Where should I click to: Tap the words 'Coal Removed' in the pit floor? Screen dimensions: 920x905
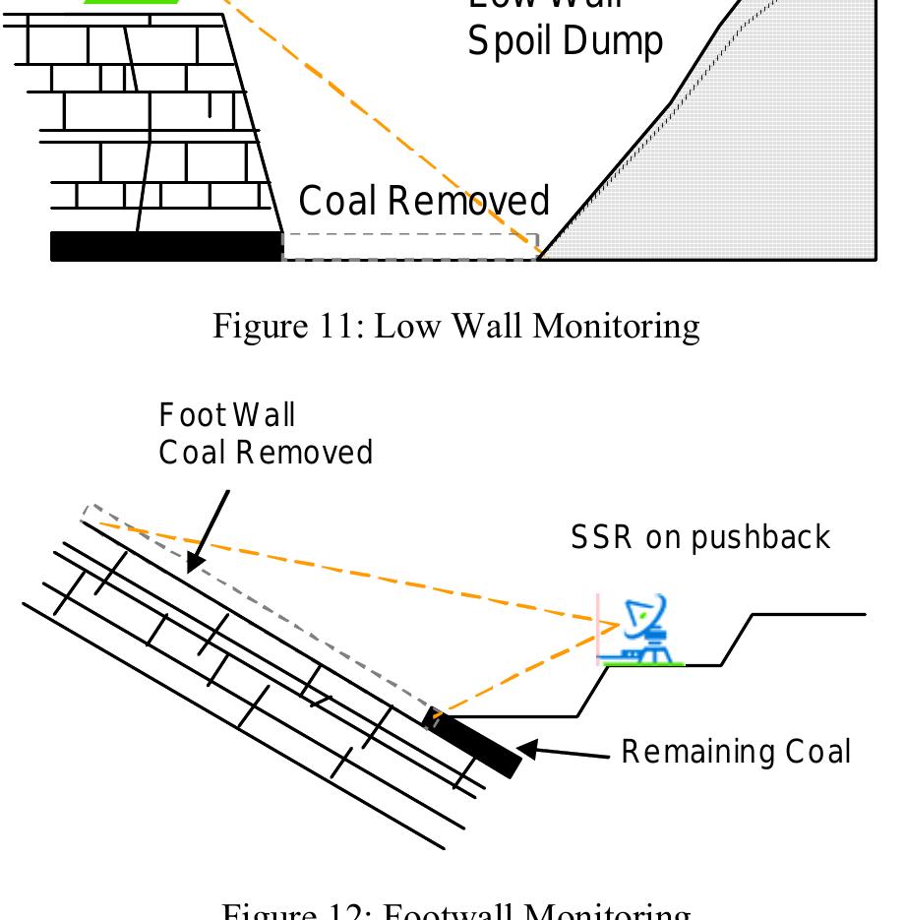[x=424, y=201]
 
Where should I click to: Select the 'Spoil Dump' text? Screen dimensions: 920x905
[x=565, y=42]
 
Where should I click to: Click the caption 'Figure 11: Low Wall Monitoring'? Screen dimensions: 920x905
[x=456, y=326]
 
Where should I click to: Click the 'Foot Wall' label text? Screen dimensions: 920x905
[x=227, y=415]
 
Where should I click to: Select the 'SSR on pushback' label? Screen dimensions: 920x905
[x=700, y=537]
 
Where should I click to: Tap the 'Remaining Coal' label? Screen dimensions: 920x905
[x=736, y=752]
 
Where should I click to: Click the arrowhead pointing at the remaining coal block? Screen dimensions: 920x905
[x=528, y=750]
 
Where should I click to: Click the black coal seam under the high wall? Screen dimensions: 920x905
[x=165, y=246]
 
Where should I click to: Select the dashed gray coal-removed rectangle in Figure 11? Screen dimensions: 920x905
[x=410, y=246]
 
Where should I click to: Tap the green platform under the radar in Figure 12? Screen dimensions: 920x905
[x=643, y=664]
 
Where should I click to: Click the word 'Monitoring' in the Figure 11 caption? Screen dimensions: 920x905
[x=616, y=326]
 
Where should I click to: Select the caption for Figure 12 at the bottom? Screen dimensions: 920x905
[x=456, y=911]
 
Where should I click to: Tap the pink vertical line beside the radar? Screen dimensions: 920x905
[x=597, y=630]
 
